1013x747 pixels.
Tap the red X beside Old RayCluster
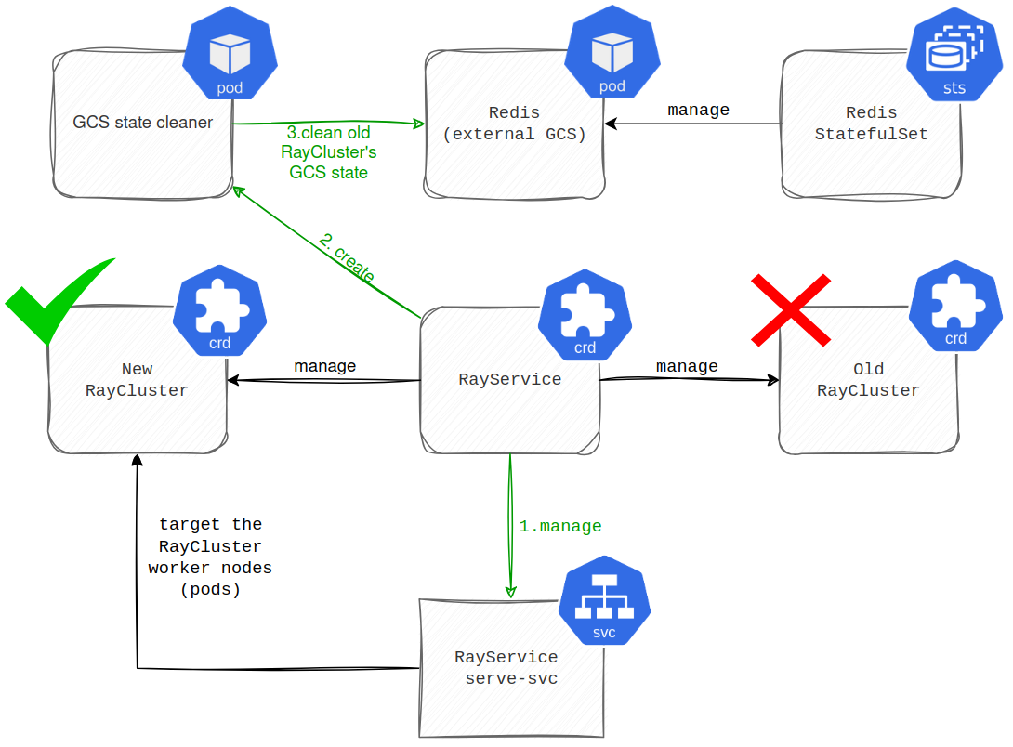pyautogui.click(x=791, y=309)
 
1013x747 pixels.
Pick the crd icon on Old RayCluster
pyautogui.click(x=954, y=311)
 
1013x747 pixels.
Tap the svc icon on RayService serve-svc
pyautogui.click(x=604, y=605)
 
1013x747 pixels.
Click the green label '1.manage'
pyautogui.click(x=559, y=526)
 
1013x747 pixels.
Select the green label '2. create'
pyautogui.click(x=347, y=258)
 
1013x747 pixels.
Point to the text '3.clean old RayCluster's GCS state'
pyautogui.click(x=328, y=153)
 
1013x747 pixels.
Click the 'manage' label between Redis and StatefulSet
pyautogui.click(x=698, y=111)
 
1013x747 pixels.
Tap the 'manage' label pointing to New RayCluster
pyautogui.click(x=324, y=366)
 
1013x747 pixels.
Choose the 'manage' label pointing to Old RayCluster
pyautogui.click(x=687, y=366)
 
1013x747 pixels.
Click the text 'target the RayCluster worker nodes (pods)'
pyautogui.click(x=210, y=557)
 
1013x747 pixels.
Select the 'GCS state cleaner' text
pyautogui.click(x=143, y=123)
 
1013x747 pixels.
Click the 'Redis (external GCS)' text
pyautogui.click(x=514, y=124)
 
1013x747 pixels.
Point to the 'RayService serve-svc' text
pyautogui.click(x=506, y=668)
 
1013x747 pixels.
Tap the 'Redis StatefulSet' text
pyautogui.click(x=871, y=124)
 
